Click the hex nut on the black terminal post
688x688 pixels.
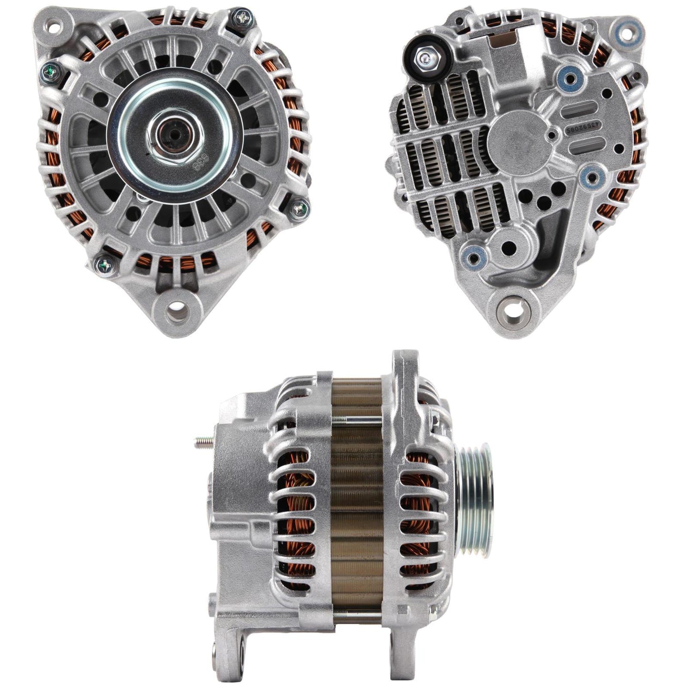424,58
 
